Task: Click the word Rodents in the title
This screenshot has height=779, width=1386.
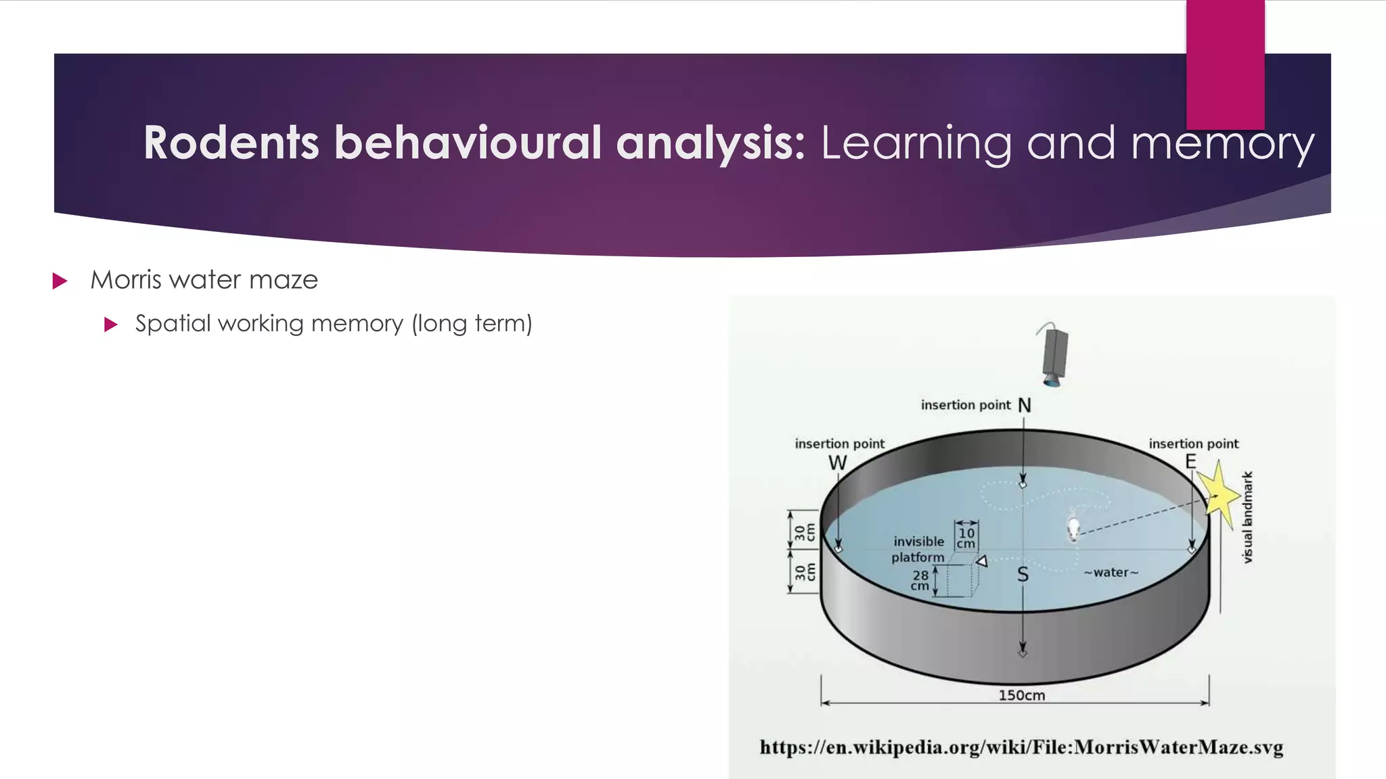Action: [x=231, y=143]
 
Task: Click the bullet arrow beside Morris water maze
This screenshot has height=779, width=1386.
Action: [x=60, y=281]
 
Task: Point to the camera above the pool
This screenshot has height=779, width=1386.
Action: [x=1054, y=356]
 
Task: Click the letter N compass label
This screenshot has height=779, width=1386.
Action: [x=1025, y=405]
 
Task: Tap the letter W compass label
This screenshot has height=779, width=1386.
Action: [x=837, y=463]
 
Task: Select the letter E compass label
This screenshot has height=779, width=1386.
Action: [x=1190, y=462]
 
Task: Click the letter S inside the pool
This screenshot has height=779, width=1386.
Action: [x=1023, y=575]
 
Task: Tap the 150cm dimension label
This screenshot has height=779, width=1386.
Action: [x=1021, y=695]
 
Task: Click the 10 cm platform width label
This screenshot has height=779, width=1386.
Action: [x=966, y=538]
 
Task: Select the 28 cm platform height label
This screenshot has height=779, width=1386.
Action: [x=920, y=580]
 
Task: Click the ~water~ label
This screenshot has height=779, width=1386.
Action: [x=1111, y=573]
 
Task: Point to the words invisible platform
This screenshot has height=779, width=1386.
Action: [x=918, y=549]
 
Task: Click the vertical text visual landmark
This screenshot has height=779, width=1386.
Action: [x=1248, y=517]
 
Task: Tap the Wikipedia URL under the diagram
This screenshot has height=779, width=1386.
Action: [x=1021, y=747]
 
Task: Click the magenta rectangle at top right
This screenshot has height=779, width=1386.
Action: [x=1225, y=64]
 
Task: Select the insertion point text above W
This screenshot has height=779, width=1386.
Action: [x=839, y=444]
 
